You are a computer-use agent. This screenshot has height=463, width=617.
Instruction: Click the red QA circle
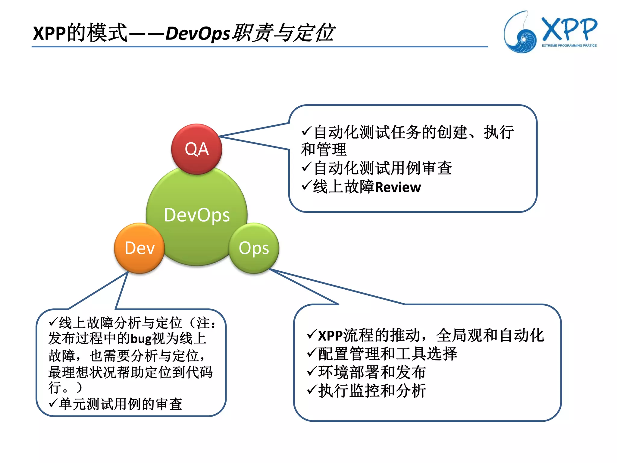pyautogui.click(x=196, y=149)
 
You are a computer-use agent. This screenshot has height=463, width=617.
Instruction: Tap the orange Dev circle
pyautogui.click(x=139, y=248)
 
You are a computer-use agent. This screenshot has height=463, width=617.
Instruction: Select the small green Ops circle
pyautogui.click(x=254, y=248)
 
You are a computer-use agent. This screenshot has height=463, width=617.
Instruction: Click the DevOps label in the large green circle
pyautogui.click(x=197, y=215)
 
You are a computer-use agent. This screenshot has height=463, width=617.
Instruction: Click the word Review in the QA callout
pyautogui.click(x=398, y=187)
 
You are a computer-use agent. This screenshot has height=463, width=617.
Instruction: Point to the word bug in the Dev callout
pyautogui.click(x=141, y=339)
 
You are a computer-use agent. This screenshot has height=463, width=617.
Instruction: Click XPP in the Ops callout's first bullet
pyautogui.click(x=330, y=335)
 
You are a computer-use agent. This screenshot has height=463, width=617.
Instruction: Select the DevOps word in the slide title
pyautogui.click(x=198, y=33)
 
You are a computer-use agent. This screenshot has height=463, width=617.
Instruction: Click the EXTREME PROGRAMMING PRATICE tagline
pyautogui.click(x=569, y=46)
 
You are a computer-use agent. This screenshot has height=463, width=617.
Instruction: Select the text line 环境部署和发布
pyautogui.click(x=372, y=372)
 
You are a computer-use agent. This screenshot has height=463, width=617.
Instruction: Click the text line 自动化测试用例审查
pyautogui.click(x=383, y=168)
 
